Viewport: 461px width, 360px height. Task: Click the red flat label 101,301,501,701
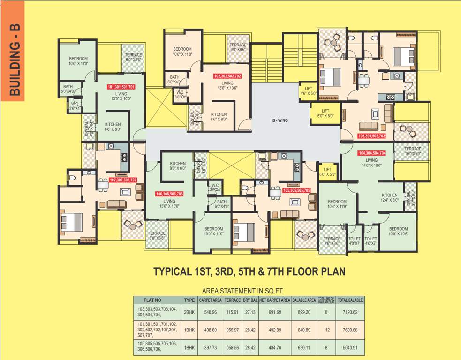click(x=121, y=87)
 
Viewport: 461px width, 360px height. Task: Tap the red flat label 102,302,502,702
click(x=227, y=76)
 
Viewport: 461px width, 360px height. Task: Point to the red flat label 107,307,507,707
click(x=123, y=180)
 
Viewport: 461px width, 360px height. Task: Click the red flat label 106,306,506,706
click(x=169, y=194)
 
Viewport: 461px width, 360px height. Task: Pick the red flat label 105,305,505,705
click(x=297, y=190)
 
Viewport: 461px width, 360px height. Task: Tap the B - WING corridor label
click(x=280, y=120)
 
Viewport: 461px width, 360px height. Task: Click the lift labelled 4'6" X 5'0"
click(x=308, y=91)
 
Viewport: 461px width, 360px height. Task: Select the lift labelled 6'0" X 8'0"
click(x=325, y=113)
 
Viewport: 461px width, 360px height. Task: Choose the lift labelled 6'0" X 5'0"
click(x=327, y=172)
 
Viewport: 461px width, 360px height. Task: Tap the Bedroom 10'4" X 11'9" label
click(x=337, y=204)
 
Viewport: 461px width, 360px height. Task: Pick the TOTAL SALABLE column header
click(x=350, y=300)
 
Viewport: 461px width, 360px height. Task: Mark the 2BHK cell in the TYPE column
click(x=189, y=312)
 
